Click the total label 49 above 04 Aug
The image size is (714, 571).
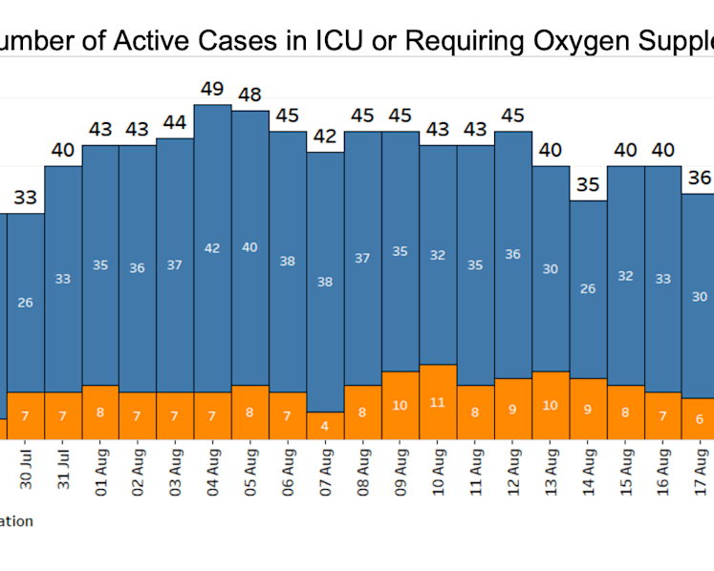pyautogui.click(x=212, y=89)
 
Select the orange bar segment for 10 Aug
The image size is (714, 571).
pyautogui.click(x=438, y=402)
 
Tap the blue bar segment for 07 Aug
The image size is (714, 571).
pyautogui.click(x=325, y=282)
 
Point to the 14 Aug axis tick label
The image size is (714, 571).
pyautogui.click(x=588, y=472)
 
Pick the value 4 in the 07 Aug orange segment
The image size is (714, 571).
pyautogui.click(x=325, y=426)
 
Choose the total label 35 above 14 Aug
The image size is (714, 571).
pyautogui.click(x=588, y=184)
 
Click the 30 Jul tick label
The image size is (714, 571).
pyautogui.click(x=26, y=469)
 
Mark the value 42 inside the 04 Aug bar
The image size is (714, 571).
pyautogui.click(x=212, y=248)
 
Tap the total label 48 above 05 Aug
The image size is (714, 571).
pyautogui.click(x=249, y=95)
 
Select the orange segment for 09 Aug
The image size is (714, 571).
pyautogui.click(x=400, y=406)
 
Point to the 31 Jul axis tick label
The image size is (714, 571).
pyautogui.click(x=63, y=469)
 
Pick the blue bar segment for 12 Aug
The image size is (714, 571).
pyautogui.click(x=513, y=255)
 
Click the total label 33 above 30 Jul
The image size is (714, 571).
pyautogui.click(x=25, y=198)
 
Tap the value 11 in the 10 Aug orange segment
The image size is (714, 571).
pyautogui.click(x=437, y=403)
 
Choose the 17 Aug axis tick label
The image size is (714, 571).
pyautogui.click(x=701, y=472)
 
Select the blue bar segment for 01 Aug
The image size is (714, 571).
pyautogui.click(x=100, y=265)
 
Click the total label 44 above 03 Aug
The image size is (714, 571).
pyautogui.click(x=175, y=122)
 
